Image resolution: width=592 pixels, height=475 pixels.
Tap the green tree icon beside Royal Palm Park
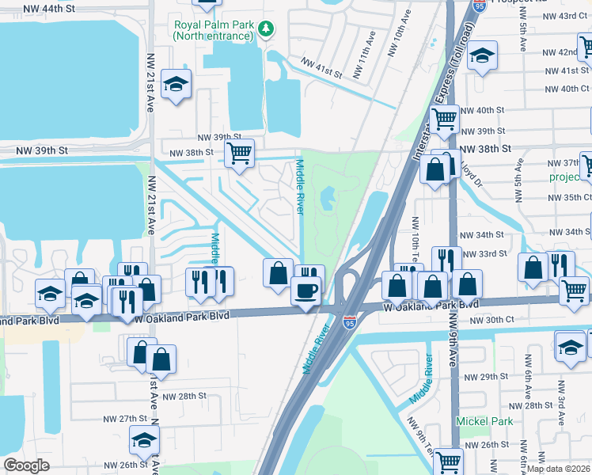pyautogui.click(x=267, y=28)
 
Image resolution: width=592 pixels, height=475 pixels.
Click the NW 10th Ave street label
pyautogui.click(x=394, y=38)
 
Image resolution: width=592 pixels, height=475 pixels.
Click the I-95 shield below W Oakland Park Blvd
pyautogui.click(x=350, y=321)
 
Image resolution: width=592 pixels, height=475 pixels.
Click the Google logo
pyautogui.click(x=26, y=465)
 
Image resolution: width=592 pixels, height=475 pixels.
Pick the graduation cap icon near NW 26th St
pyautogui.click(x=144, y=440)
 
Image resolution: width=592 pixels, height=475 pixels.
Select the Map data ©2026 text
pyautogui.click(x=558, y=469)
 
